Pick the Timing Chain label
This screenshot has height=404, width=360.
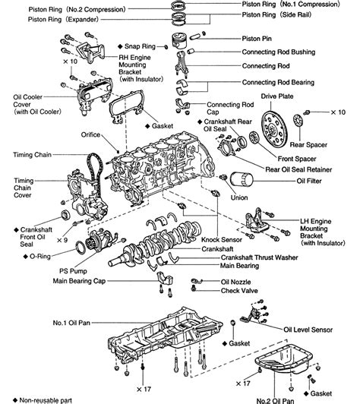(x=31, y=153)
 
